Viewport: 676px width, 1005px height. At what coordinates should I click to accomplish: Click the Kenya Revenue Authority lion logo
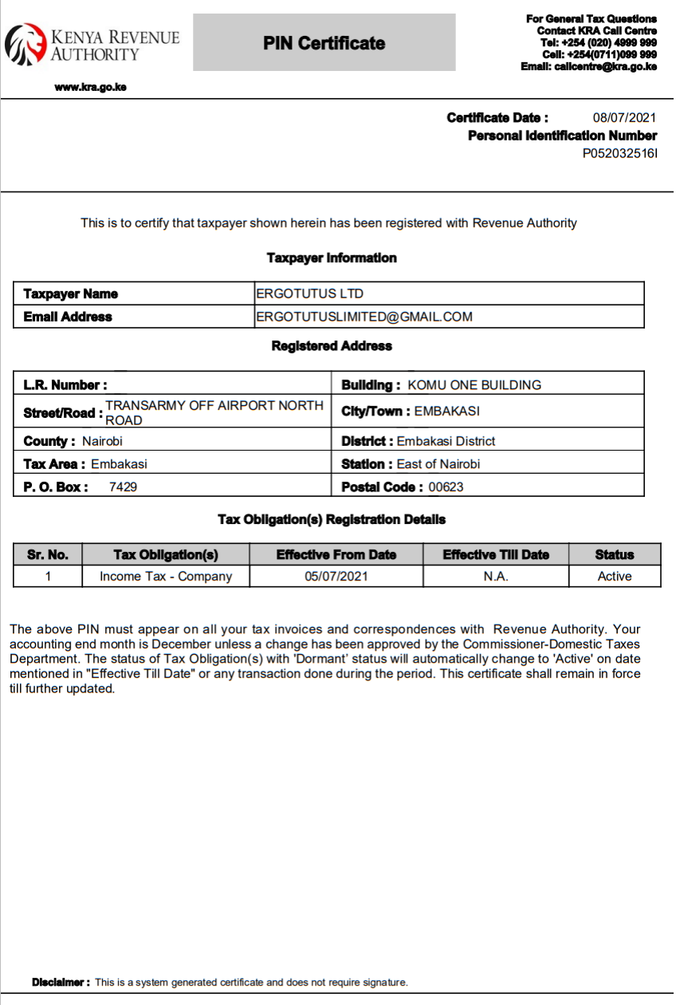pyautogui.click(x=26, y=44)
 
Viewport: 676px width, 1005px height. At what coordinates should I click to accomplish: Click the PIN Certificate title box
pyautogui.click(x=324, y=43)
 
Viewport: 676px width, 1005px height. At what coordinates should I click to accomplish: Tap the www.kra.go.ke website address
pyautogui.click(x=90, y=87)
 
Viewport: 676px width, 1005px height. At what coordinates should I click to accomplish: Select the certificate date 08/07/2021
pyautogui.click(x=624, y=118)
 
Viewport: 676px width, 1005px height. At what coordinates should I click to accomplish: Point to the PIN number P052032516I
pyautogui.click(x=619, y=154)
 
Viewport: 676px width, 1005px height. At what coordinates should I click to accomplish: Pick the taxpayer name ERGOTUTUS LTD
pyautogui.click(x=309, y=294)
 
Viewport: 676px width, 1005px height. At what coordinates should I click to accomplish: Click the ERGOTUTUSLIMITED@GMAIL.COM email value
pyautogui.click(x=364, y=317)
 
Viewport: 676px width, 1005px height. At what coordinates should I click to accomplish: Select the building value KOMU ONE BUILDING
pyautogui.click(x=474, y=384)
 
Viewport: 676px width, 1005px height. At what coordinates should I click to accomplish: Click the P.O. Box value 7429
pyautogui.click(x=123, y=487)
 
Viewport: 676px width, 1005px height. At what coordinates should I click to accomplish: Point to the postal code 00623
pyautogui.click(x=446, y=487)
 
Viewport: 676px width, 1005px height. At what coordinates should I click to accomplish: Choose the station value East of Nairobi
pyautogui.click(x=438, y=463)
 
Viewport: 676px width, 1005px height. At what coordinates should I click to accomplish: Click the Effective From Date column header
pyautogui.click(x=336, y=554)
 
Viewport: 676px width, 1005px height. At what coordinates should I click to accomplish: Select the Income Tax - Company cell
pyautogui.click(x=166, y=576)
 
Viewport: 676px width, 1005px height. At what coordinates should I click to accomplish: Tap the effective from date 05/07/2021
pyautogui.click(x=336, y=576)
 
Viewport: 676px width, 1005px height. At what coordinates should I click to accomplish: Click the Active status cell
pyautogui.click(x=614, y=576)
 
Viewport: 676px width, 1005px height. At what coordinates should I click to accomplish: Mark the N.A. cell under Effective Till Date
pyautogui.click(x=495, y=576)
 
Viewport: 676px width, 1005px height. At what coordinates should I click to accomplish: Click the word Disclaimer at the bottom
pyautogui.click(x=60, y=982)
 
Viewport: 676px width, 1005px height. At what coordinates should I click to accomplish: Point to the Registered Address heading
pyautogui.click(x=332, y=346)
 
